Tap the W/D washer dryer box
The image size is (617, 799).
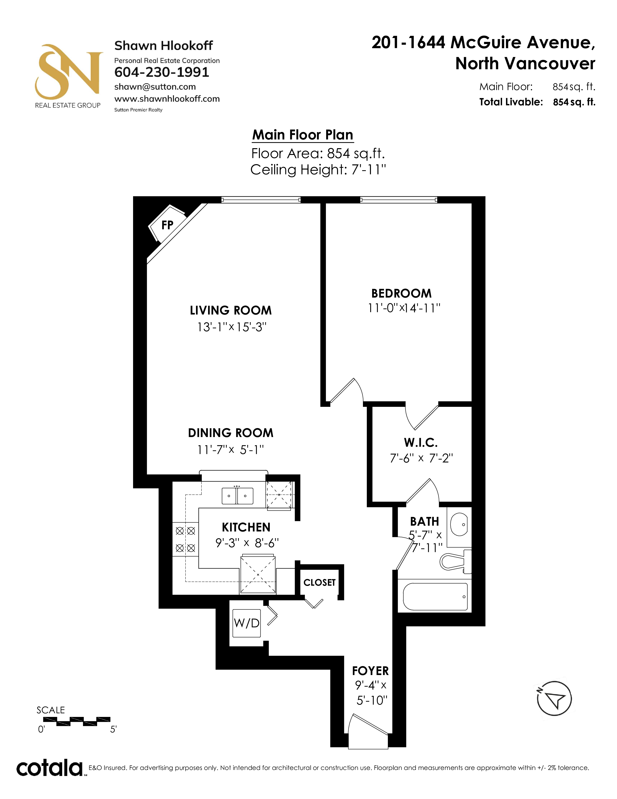(x=247, y=623)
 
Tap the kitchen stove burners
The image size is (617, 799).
(x=185, y=539)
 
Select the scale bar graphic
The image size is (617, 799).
(x=77, y=721)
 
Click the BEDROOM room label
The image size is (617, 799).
(x=401, y=293)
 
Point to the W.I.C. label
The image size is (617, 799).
(x=421, y=443)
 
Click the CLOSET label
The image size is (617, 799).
(x=319, y=582)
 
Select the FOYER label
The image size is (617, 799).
(x=370, y=671)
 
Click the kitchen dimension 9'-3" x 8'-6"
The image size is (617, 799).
(x=247, y=543)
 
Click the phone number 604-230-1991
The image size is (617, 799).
(x=162, y=72)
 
